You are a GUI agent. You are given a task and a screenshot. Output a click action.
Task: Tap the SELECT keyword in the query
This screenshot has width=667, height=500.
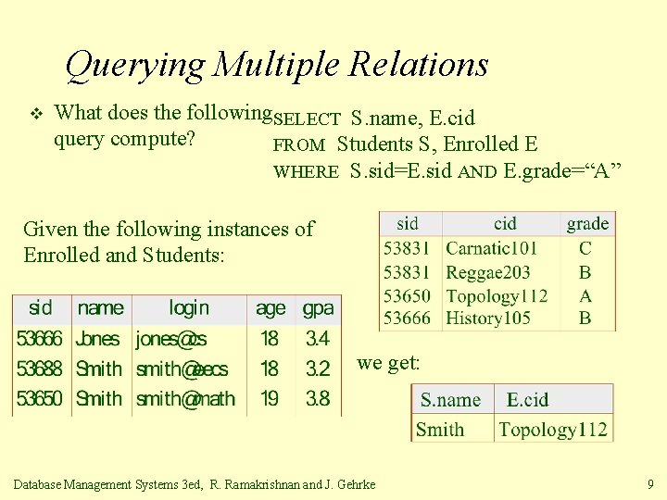point(308,119)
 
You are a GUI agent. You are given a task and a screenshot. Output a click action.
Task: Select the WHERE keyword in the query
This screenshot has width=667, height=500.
point(306,171)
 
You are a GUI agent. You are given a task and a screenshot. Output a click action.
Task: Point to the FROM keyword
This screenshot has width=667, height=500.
point(299,145)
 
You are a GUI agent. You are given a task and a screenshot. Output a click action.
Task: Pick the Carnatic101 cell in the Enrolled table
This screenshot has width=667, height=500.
point(491,248)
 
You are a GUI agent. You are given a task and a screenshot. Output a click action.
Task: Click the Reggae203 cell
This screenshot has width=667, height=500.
point(487,272)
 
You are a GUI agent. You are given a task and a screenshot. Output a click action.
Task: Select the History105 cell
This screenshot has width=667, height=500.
point(487,319)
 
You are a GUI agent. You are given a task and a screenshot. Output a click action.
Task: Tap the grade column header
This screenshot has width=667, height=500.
point(588,223)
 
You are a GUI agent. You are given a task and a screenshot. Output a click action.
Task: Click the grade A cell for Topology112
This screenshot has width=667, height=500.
point(585,296)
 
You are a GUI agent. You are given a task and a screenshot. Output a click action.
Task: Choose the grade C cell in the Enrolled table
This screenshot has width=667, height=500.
point(585,248)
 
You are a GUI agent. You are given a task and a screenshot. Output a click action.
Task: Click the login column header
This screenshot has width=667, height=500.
point(189,308)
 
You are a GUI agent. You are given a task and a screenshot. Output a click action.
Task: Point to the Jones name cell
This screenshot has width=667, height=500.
point(98,339)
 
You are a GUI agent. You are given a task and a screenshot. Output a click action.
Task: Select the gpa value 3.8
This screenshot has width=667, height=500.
point(318,398)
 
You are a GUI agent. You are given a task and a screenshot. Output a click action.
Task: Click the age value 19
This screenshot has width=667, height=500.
point(269,398)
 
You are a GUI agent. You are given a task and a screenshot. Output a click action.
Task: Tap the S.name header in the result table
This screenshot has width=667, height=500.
point(450,400)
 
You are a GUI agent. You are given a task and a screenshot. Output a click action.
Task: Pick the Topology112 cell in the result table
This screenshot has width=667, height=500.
point(553,429)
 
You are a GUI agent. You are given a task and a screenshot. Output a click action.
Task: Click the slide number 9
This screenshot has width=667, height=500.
point(651,483)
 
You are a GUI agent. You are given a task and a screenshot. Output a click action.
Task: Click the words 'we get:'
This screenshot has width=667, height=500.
point(388,364)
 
